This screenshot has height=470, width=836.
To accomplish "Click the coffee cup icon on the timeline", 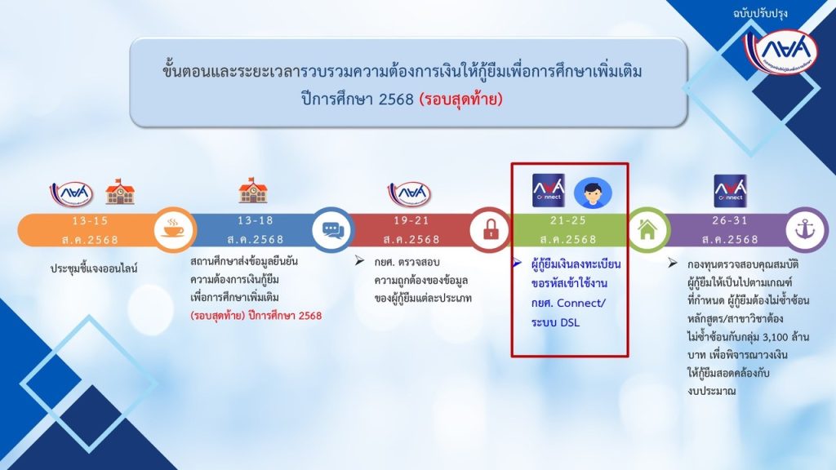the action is click(x=174, y=229).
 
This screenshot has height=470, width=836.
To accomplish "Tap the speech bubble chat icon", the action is click(x=333, y=230).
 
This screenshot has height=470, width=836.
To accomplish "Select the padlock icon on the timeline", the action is click(x=491, y=229).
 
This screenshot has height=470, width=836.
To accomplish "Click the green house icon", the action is click(x=647, y=229).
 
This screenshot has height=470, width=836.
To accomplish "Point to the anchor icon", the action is click(x=805, y=229).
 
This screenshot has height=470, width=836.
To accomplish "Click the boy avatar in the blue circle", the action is click(x=593, y=193).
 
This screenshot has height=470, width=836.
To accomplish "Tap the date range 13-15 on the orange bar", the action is click(x=90, y=220).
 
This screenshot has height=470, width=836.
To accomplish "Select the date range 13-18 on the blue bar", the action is click(x=255, y=220).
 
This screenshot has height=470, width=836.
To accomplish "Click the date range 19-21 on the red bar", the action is click(x=411, y=220).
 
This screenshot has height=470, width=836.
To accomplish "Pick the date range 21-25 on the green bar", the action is click(x=568, y=220).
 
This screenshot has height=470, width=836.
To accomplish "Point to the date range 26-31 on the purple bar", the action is click(x=730, y=220).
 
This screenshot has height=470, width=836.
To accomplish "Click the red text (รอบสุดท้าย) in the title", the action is click(x=460, y=99).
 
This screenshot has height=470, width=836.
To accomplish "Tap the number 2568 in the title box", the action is click(x=396, y=99).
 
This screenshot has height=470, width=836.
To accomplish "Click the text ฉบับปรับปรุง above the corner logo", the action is click(x=760, y=14).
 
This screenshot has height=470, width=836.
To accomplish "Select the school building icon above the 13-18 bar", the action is click(x=253, y=190).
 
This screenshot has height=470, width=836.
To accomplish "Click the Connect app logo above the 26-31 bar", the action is click(x=730, y=191).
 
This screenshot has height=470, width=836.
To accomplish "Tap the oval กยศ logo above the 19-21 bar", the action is click(x=409, y=194).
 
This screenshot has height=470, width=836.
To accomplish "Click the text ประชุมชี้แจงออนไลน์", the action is click(x=94, y=268).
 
